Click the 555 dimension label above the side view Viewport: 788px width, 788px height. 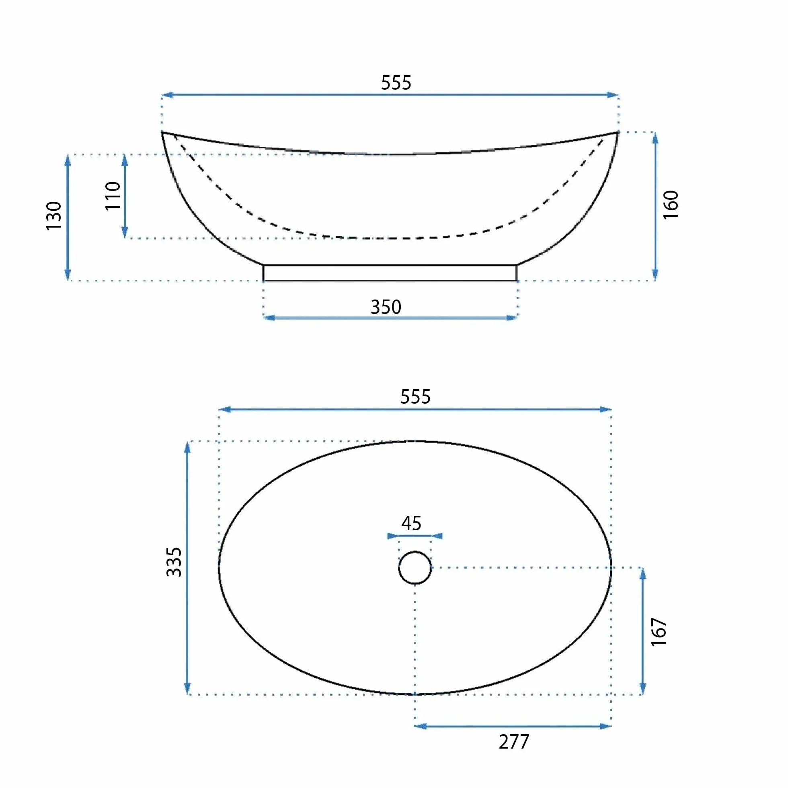point(396,83)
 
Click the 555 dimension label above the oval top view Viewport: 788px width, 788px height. point(415,397)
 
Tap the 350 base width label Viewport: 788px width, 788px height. point(386,307)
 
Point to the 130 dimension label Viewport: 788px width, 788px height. point(54,216)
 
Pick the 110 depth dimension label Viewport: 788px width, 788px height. point(113,196)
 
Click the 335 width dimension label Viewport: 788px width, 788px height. point(174,562)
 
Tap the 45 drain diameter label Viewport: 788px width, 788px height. point(411,523)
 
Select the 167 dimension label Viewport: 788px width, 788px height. point(659,632)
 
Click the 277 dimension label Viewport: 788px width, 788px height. point(514,742)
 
